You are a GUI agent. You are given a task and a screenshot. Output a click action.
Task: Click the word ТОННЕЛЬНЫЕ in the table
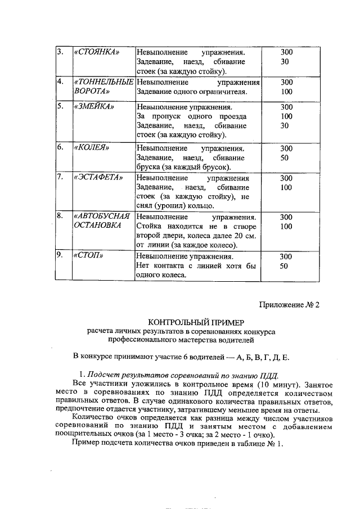[103, 82]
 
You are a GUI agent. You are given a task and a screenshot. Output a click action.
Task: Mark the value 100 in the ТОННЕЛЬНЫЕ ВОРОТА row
[286, 91]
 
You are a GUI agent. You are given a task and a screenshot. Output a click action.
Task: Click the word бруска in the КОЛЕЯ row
[149, 168]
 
